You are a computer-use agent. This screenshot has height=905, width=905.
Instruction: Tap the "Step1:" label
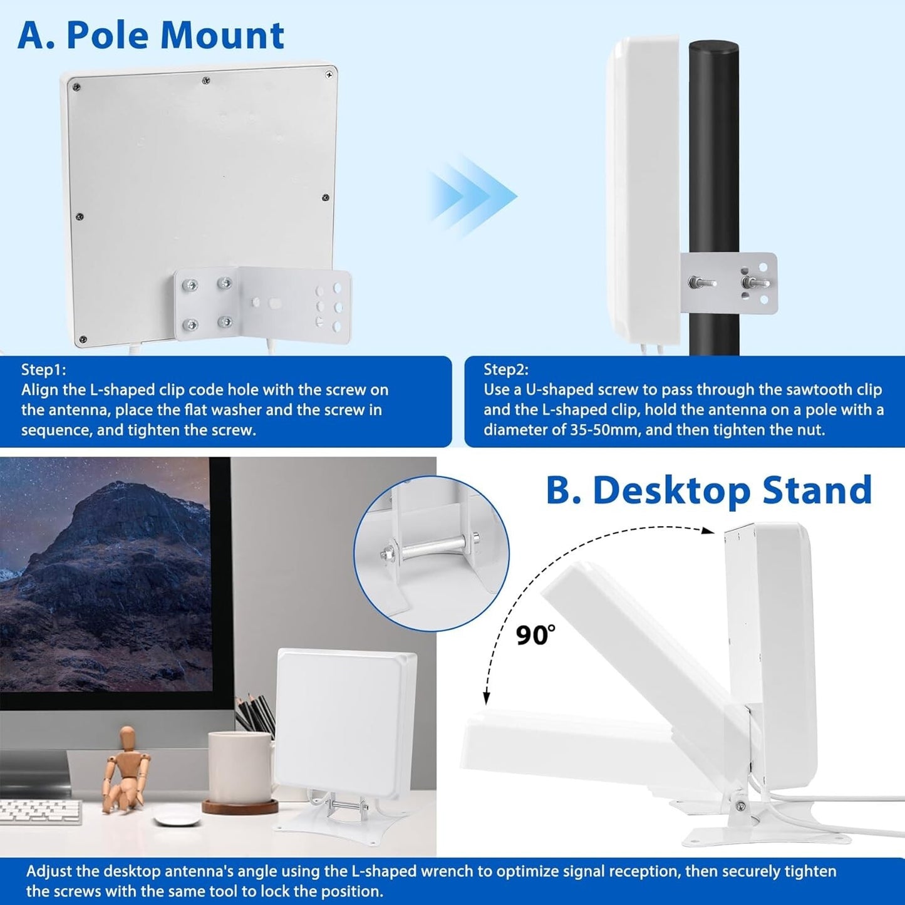pos(44,370)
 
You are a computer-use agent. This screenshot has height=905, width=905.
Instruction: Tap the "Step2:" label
pos(506,370)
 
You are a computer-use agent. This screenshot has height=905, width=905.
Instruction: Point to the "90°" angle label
pos(535,636)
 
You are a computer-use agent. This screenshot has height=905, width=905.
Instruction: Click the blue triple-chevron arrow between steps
pos(473,196)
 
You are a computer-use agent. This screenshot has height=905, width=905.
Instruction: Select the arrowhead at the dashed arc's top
pos(708,531)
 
